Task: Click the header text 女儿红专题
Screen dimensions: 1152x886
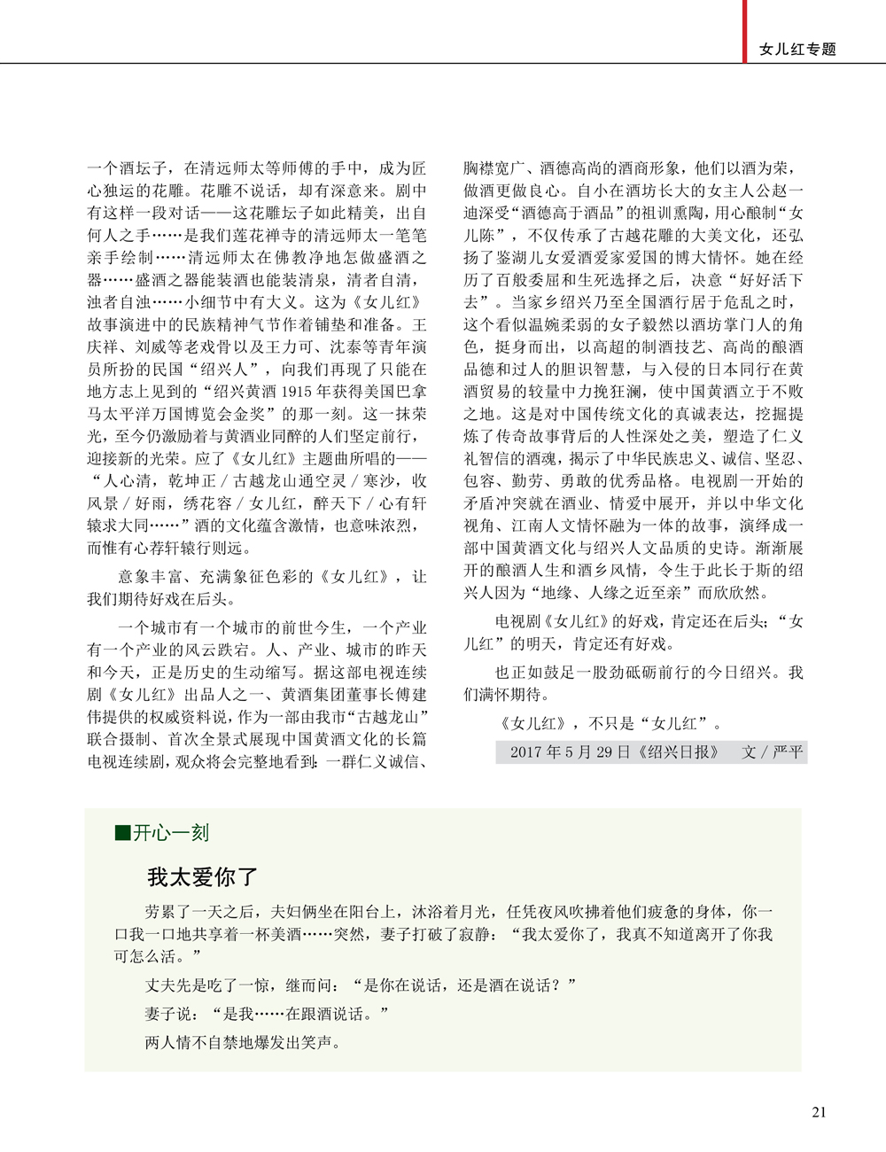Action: [x=797, y=50]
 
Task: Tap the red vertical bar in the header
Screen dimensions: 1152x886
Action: [x=745, y=31]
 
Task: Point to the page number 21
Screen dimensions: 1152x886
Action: [x=819, y=1112]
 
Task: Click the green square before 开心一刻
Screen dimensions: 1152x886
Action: [x=122, y=832]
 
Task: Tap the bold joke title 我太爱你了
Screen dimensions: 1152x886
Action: [x=203, y=877]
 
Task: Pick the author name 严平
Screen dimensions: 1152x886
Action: [x=788, y=752]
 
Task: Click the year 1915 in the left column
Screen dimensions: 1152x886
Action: [x=301, y=391]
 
